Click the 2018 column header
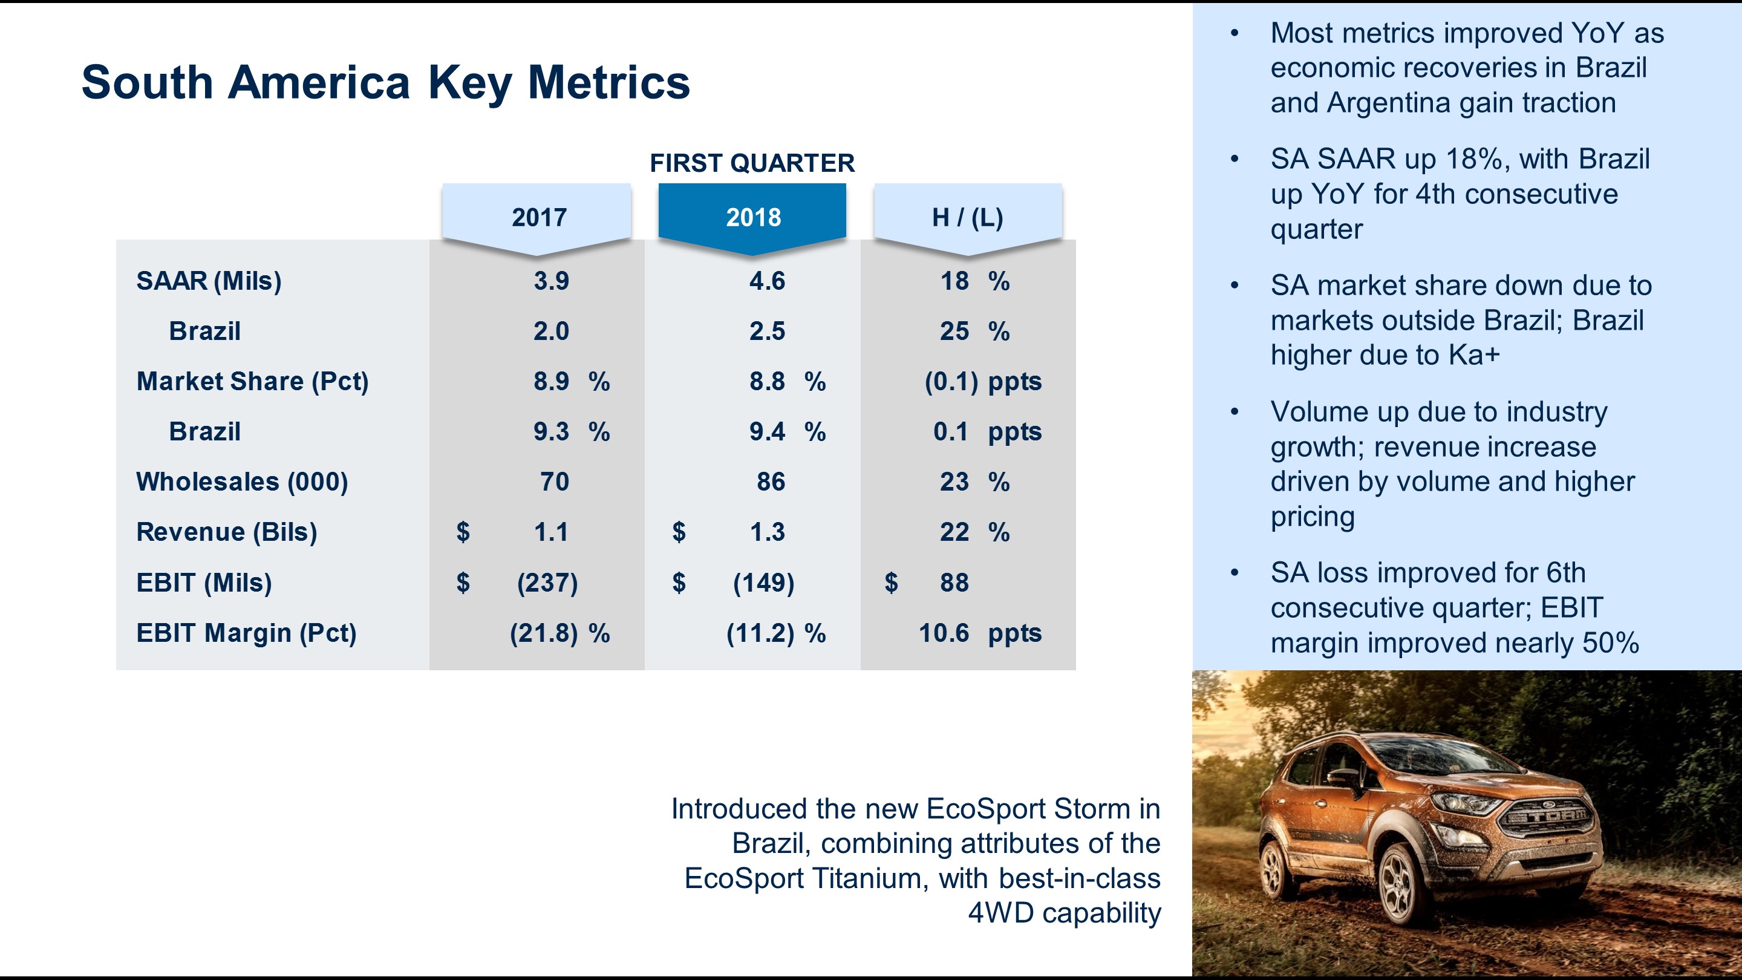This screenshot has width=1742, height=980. pyautogui.click(x=752, y=217)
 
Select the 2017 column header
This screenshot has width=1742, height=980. pyautogui.click(x=538, y=217)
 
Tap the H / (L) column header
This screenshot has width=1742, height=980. pyautogui.click(x=967, y=217)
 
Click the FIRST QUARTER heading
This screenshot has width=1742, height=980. pyautogui.click(x=752, y=163)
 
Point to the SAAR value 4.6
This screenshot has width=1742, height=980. pyautogui.click(x=767, y=281)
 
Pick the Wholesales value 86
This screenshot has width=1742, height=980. pyautogui.click(x=770, y=482)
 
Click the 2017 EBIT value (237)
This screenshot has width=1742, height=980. pyautogui.click(x=547, y=583)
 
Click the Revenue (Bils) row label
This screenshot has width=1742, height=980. pyautogui.click(x=227, y=532)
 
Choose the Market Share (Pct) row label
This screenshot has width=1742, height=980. pyautogui.click(x=252, y=382)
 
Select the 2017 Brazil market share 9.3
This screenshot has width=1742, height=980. pyautogui.click(x=551, y=431)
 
